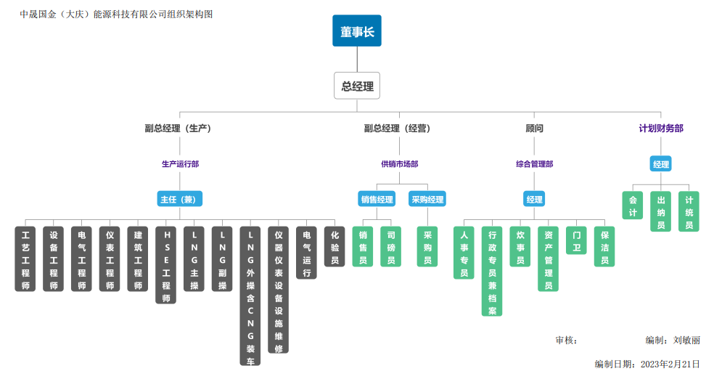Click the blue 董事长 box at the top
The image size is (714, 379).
356,31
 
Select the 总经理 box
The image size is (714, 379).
357,86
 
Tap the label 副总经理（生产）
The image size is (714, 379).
178,129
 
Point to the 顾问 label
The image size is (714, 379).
534,129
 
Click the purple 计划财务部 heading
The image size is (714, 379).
660,129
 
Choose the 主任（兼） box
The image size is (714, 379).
179,199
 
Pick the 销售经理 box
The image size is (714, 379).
377,199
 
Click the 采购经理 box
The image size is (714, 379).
427,199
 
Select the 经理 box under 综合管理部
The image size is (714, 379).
534,199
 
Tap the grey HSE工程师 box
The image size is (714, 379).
166,265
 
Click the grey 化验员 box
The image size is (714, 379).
335,247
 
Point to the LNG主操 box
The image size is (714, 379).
194,259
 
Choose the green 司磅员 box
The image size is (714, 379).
391,247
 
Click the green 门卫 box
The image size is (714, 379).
576,241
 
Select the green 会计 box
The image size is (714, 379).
632,205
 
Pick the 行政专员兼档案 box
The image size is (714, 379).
492,272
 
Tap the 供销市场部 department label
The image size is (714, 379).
399,164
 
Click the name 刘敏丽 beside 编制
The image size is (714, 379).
686,340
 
